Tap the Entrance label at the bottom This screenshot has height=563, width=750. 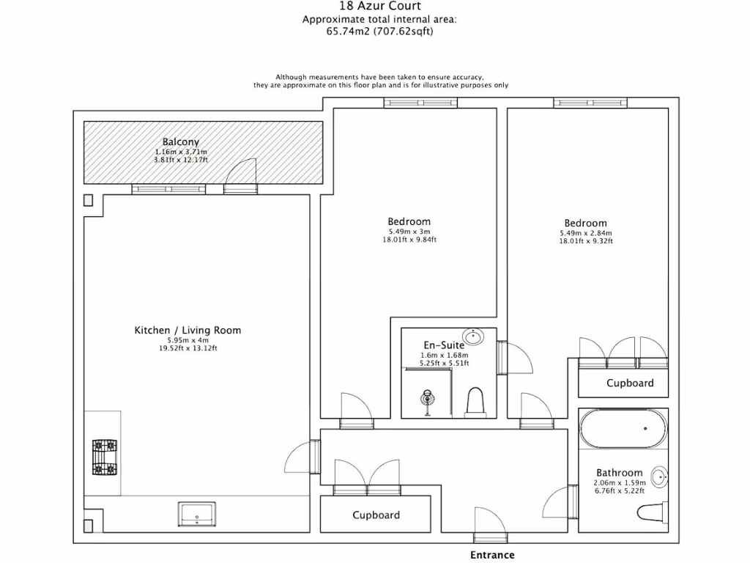[x=492, y=555]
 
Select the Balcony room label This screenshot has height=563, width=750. [x=181, y=142]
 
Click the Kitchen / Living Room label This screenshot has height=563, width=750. [x=187, y=331]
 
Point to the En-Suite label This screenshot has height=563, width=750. [x=444, y=345]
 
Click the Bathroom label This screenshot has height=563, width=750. [x=619, y=473]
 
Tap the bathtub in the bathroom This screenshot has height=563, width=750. [x=623, y=429]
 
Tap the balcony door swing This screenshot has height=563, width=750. [x=240, y=176]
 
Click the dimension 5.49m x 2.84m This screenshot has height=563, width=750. [x=585, y=234]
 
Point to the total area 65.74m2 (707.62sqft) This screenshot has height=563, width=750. [x=379, y=32]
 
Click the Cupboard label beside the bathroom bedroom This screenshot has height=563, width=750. [x=630, y=383]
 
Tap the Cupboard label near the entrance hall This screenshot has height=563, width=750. [x=376, y=515]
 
